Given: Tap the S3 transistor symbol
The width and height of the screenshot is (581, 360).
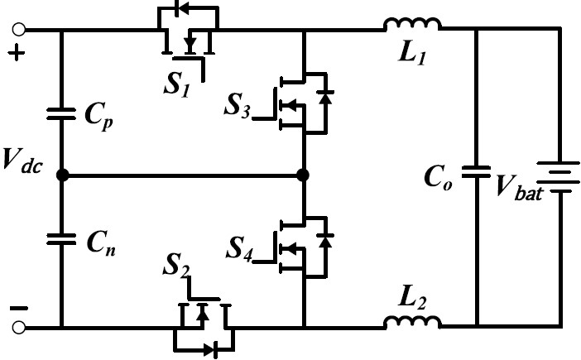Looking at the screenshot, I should (303, 103).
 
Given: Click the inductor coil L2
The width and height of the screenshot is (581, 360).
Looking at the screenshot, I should (411, 322).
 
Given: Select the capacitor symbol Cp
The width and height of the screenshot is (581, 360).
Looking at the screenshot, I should (61, 115).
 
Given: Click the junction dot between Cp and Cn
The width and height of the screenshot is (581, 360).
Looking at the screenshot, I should (61, 175).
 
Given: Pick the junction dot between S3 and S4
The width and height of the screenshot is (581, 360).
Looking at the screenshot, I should (304, 175).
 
